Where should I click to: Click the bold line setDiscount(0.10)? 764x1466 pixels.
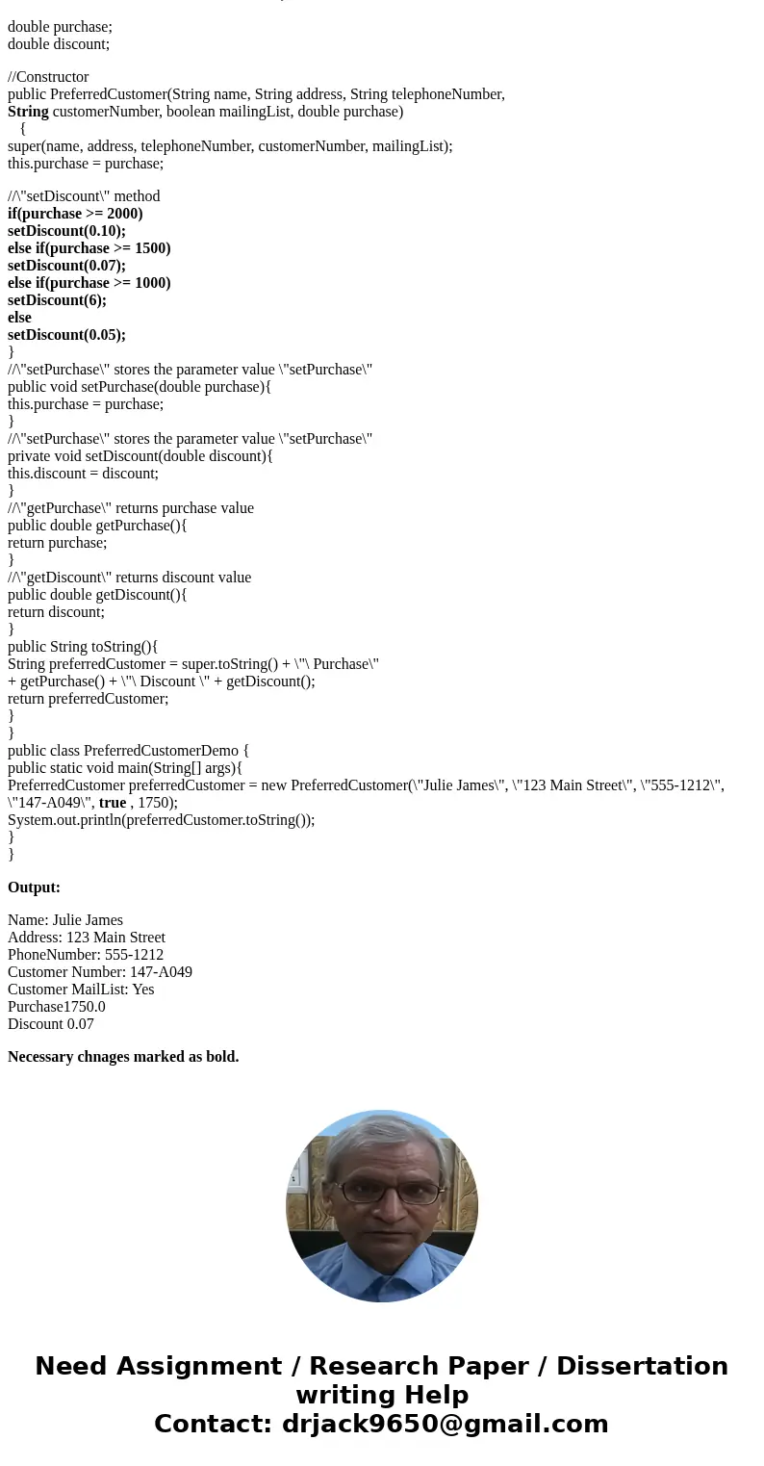[x=66, y=231]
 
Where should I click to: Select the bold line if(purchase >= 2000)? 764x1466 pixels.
[x=75, y=214]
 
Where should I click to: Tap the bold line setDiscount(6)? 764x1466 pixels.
[x=57, y=300]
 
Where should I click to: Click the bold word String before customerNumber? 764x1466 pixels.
[x=28, y=112]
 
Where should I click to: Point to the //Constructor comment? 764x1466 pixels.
[x=48, y=77]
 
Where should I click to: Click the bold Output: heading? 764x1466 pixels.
[x=34, y=887]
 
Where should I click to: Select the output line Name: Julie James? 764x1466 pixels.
[x=65, y=920]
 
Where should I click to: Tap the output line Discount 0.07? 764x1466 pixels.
[x=51, y=1024]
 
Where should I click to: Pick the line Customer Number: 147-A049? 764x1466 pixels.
[x=100, y=972]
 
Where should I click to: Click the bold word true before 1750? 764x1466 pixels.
[x=113, y=803]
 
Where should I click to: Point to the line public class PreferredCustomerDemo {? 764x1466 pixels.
[x=129, y=751]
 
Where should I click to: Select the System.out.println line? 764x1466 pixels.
[x=162, y=820]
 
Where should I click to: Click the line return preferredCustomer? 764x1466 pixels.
[x=89, y=699]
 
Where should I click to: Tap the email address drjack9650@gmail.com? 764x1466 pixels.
[x=445, y=1425]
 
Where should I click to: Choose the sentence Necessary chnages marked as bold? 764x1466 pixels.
[x=123, y=1057]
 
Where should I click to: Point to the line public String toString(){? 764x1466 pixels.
[x=83, y=647]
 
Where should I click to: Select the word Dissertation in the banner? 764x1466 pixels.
[x=642, y=1367]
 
